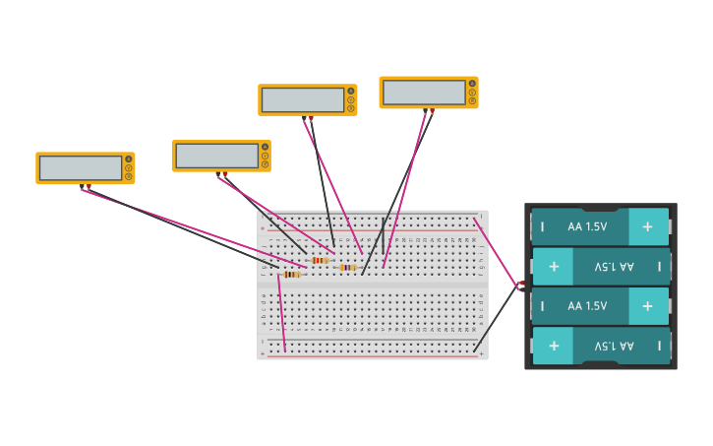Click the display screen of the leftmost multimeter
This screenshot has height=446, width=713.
pos(81,168)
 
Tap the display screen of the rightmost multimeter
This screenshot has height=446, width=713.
pos(424,93)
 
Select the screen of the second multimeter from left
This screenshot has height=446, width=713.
pos(216,156)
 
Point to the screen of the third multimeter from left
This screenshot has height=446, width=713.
pos(303,100)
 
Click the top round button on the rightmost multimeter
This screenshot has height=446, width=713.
pos(472,84)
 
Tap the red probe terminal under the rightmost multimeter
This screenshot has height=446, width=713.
pos(432,110)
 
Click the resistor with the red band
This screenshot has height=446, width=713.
pos(319,260)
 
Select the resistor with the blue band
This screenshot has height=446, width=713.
pos(347,267)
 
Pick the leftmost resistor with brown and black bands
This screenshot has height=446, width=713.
pos(291,275)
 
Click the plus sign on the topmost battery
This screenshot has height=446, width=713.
pos(647,226)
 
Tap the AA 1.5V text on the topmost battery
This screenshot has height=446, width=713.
pos(587,226)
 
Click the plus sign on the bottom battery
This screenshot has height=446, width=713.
pos(554,346)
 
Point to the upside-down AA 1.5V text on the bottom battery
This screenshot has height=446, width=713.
pos(614,346)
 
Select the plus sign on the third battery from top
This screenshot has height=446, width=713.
pos(647,306)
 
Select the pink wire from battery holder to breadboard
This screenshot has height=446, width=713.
pos(496,252)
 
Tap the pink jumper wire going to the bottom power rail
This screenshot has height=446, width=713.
pos(281,313)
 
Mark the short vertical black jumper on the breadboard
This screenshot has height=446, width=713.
pos(384,236)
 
